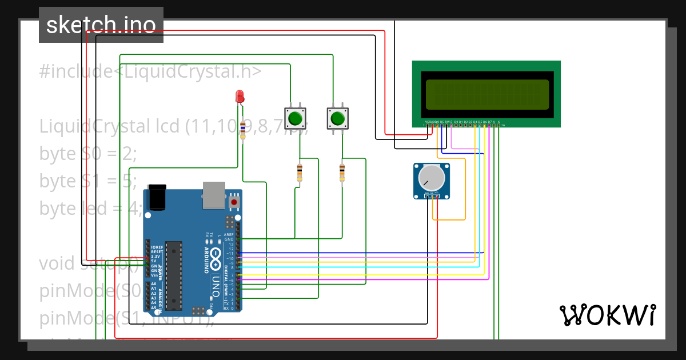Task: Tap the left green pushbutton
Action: click(x=295, y=118)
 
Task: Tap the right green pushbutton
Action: click(x=337, y=118)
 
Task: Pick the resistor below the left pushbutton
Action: click(x=300, y=172)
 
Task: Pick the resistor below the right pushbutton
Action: click(x=342, y=172)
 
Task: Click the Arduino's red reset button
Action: click(x=234, y=202)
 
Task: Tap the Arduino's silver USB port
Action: click(x=214, y=195)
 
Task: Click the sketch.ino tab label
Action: click(x=101, y=25)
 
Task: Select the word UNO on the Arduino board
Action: click(x=215, y=285)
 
